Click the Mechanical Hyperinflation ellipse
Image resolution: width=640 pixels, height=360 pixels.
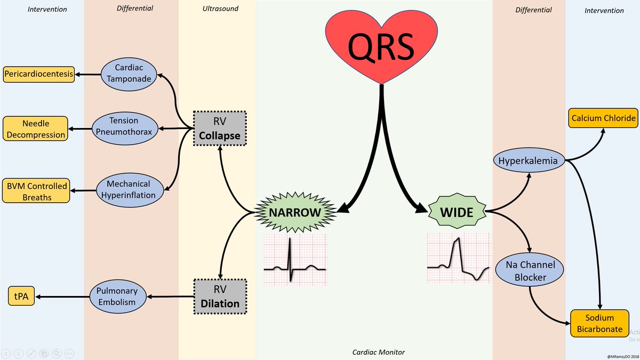pyautogui.click(x=129, y=189)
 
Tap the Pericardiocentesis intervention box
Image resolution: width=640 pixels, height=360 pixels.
pyautogui.click(x=38, y=75)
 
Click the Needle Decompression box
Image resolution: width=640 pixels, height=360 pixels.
pyautogui.click(x=36, y=129)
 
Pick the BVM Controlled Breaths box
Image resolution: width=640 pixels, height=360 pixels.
pyautogui.click(x=36, y=190)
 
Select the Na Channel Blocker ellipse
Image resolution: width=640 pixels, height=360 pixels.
pyautogui.click(x=529, y=271)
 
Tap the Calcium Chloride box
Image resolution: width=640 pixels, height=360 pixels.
pyautogui.click(x=603, y=118)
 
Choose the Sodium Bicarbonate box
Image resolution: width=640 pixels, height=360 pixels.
pyautogui.click(x=599, y=323)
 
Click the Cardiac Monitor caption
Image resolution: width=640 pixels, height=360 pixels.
pyautogui.click(x=379, y=352)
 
